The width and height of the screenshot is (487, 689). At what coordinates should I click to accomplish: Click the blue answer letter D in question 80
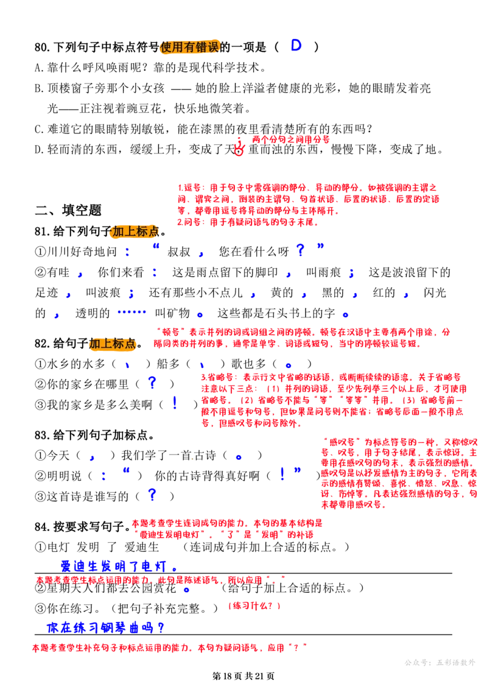tap(296, 45)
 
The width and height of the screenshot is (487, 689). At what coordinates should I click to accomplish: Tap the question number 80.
tap(42, 47)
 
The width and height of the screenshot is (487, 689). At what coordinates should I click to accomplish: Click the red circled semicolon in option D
tap(239, 147)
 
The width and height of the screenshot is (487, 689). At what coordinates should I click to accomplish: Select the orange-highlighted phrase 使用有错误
tap(190, 46)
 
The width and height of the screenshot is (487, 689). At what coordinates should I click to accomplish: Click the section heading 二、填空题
tap(68, 210)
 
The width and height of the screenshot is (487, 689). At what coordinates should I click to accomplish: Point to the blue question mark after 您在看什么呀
tap(300, 250)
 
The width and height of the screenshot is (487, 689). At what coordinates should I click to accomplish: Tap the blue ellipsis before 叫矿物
tap(131, 312)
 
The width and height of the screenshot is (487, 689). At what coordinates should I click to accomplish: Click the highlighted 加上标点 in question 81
tap(136, 231)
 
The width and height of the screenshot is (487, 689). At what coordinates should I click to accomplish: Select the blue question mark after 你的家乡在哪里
tap(152, 383)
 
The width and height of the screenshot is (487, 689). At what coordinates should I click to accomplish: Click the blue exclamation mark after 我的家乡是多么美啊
tap(175, 403)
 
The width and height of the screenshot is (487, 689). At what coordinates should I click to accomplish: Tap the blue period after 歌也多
tap(289, 365)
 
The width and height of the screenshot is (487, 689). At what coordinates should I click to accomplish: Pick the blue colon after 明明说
tap(103, 476)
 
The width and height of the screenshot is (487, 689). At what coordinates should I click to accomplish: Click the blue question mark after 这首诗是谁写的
tap(152, 495)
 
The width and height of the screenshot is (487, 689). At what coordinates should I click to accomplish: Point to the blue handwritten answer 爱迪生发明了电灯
tap(119, 566)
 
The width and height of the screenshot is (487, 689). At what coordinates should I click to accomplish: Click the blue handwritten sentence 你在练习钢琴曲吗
tap(105, 627)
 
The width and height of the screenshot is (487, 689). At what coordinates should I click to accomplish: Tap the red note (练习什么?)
tap(254, 606)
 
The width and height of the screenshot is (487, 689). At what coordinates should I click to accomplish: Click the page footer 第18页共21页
tap(243, 676)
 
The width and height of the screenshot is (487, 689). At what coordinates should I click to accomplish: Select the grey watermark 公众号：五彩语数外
tap(440, 663)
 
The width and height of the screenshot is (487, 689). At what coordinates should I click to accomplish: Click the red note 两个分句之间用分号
tap(291, 140)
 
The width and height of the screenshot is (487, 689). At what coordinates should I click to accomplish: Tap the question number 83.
tap(42, 436)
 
